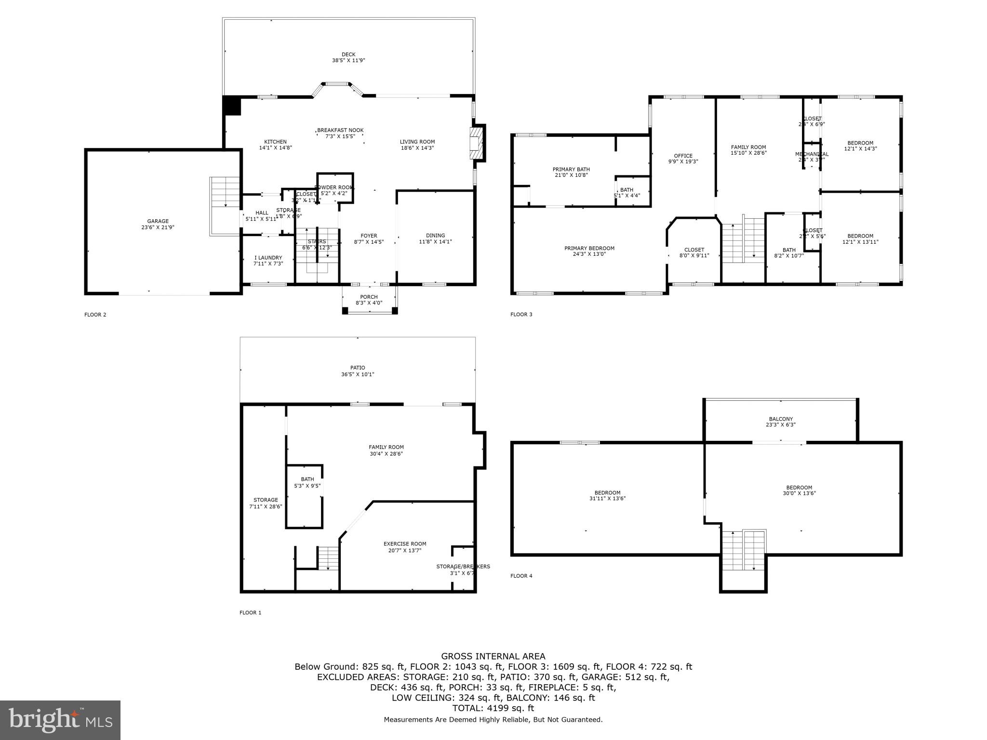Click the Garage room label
click(x=158, y=224)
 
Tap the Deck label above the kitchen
click(x=348, y=57)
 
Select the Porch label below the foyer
click(x=369, y=300)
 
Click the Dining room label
click(x=435, y=238)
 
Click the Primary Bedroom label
click(x=589, y=251)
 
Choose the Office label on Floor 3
click(x=683, y=159)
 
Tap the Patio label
click(x=358, y=370)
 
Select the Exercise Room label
click(x=405, y=547)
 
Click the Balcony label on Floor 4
click(x=780, y=422)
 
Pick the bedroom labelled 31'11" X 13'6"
click(x=607, y=495)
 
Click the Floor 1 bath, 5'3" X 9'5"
click(x=307, y=482)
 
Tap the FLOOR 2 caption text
click(x=95, y=315)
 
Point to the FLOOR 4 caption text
click(x=521, y=576)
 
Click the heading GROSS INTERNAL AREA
click(x=493, y=656)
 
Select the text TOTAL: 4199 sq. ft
click(x=493, y=708)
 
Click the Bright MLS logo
click(x=60, y=720)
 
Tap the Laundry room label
click(x=268, y=261)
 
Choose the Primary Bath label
click(x=571, y=172)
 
